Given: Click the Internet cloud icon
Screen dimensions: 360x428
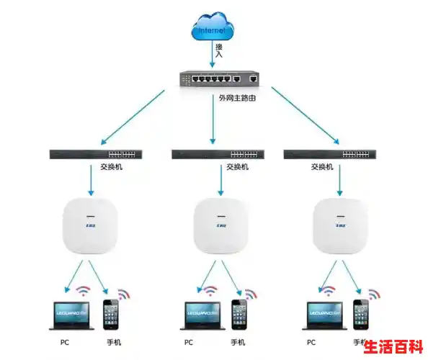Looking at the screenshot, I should point(214,29).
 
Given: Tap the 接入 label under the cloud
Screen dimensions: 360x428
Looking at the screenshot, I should point(219,50).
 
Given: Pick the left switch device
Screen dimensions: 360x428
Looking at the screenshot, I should point(96,153).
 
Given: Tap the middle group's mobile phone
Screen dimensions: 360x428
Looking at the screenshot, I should point(239,315).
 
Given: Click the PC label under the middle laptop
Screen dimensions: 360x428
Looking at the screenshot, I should point(189,342).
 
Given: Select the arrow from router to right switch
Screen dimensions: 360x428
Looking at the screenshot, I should point(303,116).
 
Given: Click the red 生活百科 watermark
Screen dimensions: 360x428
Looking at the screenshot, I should point(392,346).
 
